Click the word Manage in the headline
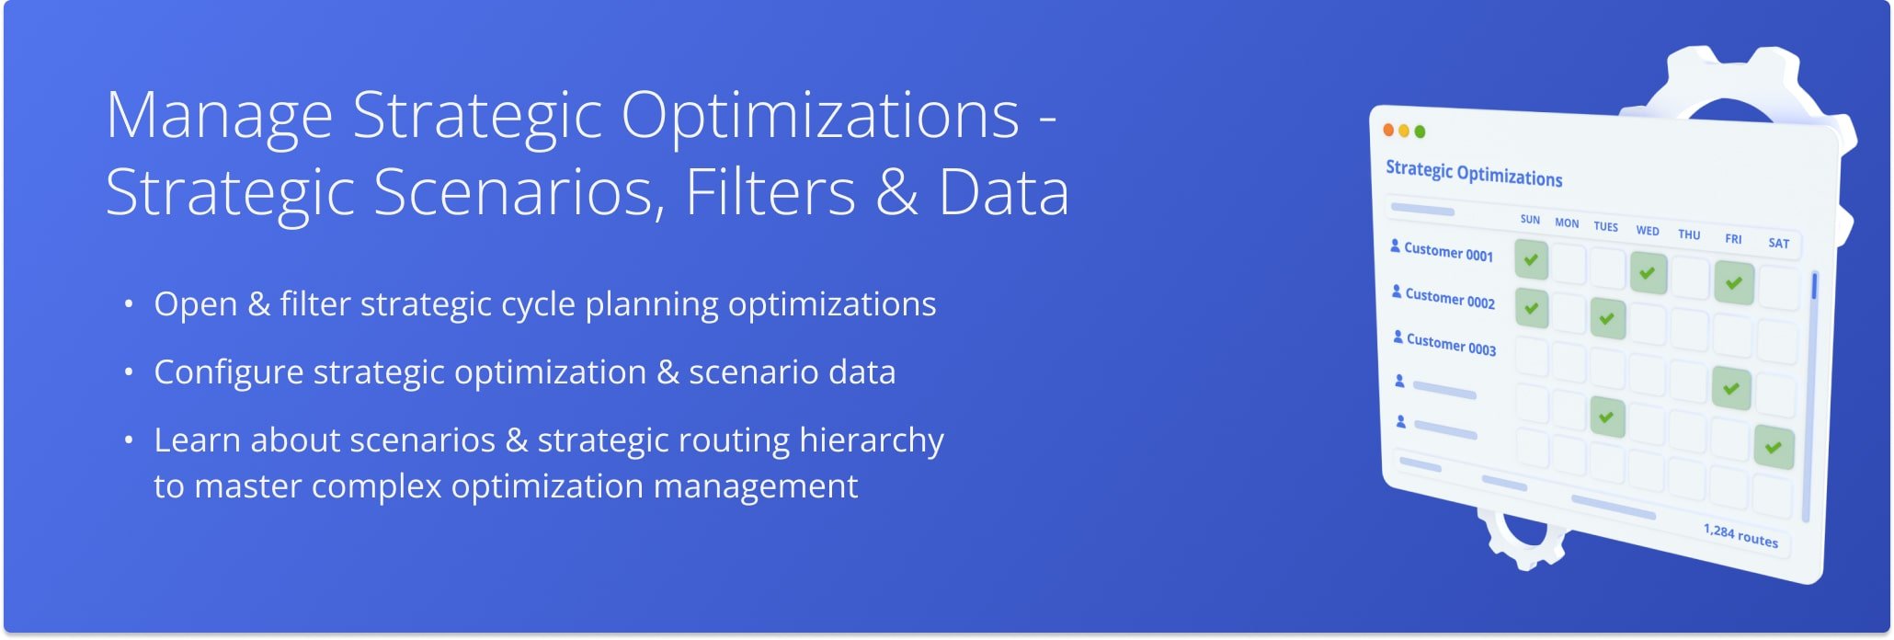point(219,116)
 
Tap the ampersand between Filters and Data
point(897,193)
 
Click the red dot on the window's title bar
point(1388,130)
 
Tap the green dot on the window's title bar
point(1420,131)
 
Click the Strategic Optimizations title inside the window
point(1474,173)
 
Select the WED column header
point(1648,231)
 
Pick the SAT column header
point(1778,244)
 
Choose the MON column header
point(1567,223)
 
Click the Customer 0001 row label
point(1448,252)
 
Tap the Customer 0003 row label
point(1451,345)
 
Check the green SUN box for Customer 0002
point(1531,308)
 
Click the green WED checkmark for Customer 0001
point(1648,272)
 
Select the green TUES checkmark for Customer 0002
point(1607,319)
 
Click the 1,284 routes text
point(1740,535)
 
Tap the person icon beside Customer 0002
point(1397,292)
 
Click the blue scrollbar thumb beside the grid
point(1814,286)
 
